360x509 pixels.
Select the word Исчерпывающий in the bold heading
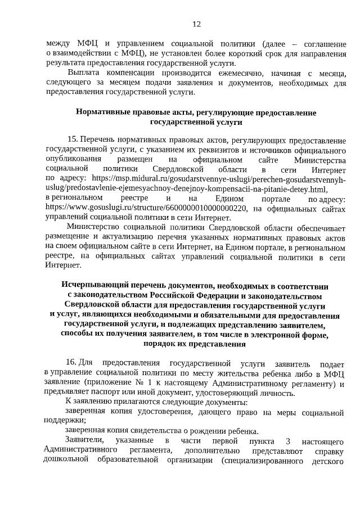click(96, 286)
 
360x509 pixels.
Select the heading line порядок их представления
click(196, 344)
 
